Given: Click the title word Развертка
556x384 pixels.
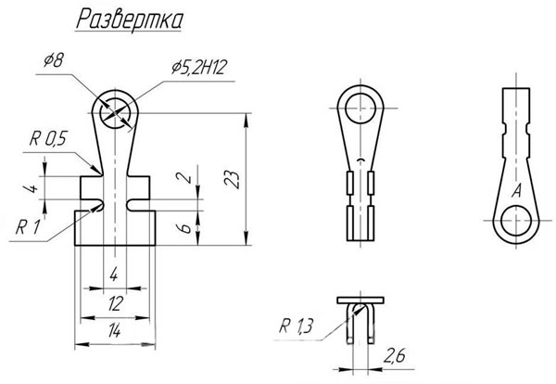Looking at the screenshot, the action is coord(130,19).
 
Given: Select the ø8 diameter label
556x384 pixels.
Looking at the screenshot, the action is coord(54,60).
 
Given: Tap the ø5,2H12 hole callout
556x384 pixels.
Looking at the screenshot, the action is coord(199,67).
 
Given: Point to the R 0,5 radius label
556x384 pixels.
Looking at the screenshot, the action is coord(48,138).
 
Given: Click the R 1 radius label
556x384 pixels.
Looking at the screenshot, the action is coord(28,227).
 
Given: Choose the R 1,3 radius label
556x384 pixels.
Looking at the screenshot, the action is coord(297,326).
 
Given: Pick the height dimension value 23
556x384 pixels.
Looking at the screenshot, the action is coord(232,180).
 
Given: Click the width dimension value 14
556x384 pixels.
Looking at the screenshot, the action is coord(114,331).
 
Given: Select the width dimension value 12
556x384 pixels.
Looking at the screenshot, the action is coord(116,304).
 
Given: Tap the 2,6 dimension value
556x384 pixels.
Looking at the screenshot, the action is coord(395,355).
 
